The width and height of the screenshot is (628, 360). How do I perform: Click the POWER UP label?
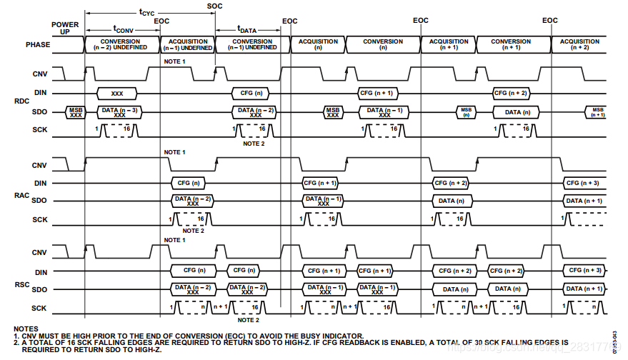pos(65,29)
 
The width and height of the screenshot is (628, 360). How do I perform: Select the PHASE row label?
pos(38,44)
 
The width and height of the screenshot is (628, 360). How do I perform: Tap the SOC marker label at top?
pos(214,6)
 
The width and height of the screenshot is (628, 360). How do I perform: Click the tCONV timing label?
pos(124,29)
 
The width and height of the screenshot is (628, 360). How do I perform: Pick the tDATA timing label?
pos(246,29)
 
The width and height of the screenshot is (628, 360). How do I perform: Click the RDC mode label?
pos(21,101)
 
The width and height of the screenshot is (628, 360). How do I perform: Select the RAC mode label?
pos(21,193)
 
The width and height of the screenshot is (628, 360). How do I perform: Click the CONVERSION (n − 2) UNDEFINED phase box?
pos(121,44)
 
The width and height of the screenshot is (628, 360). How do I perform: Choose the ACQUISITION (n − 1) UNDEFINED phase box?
pos(187,44)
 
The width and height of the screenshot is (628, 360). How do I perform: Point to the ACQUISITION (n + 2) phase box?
pos(579,44)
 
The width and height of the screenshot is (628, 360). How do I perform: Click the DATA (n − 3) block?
pos(119,111)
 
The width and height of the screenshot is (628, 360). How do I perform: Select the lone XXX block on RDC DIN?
pos(118,94)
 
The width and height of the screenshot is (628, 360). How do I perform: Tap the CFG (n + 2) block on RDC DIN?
pos(510,94)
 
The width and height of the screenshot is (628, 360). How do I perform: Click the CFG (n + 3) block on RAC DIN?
pos(583,184)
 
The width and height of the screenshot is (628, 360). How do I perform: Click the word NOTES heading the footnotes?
pos(26,329)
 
